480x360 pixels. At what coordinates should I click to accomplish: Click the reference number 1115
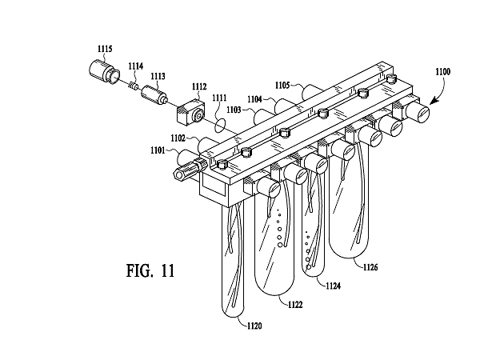[105, 49]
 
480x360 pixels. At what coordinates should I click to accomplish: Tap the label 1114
[136, 66]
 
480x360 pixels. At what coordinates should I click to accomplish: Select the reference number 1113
[158, 76]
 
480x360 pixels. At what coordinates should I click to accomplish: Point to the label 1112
[199, 86]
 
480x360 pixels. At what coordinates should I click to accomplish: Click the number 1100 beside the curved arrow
[443, 72]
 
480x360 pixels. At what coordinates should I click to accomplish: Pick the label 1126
[370, 267]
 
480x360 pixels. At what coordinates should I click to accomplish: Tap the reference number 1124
[333, 286]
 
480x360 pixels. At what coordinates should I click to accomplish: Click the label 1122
[295, 305]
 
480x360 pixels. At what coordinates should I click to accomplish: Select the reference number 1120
[254, 326]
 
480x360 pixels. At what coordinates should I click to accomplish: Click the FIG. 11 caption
[150, 270]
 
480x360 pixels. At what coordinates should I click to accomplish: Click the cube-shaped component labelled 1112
[190, 112]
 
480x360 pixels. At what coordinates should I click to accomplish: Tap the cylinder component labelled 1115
[104, 72]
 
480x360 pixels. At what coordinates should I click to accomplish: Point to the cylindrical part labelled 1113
[154, 94]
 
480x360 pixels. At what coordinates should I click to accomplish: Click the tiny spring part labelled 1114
[134, 86]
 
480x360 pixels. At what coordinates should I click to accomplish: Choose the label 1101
[158, 150]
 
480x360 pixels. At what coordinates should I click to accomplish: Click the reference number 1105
[282, 85]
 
